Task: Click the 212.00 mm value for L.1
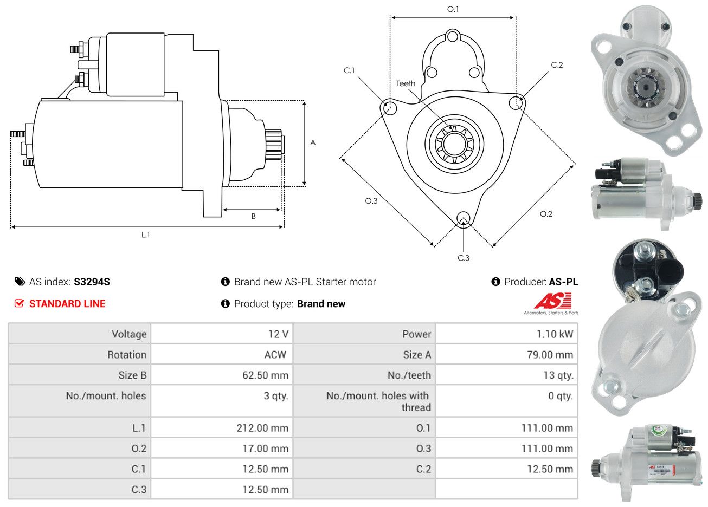tap(262, 428)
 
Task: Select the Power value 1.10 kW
tap(555, 334)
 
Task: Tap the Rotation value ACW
tap(275, 355)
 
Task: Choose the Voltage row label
tap(129, 334)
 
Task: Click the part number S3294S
tap(92, 282)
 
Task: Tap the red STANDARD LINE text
tap(67, 304)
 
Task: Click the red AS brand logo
tap(552, 301)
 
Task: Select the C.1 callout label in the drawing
tap(349, 70)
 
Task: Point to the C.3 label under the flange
tap(464, 258)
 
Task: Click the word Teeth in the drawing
tap(406, 83)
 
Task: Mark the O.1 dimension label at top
tap(453, 9)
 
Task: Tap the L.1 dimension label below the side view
tap(145, 235)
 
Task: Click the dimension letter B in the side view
tap(253, 216)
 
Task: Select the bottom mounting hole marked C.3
tap(463, 218)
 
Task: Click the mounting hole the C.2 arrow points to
tap(517, 102)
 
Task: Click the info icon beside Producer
tap(495, 282)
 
